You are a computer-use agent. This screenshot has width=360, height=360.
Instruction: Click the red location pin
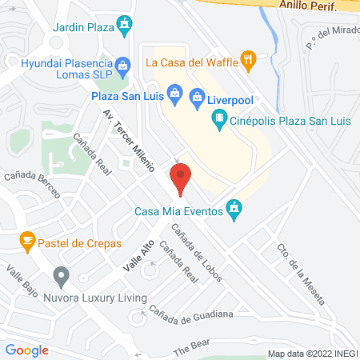tap(181, 178)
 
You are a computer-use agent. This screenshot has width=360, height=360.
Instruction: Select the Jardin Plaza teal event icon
tap(124, 26)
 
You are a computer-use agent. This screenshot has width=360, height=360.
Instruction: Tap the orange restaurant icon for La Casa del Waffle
tap(250, 58)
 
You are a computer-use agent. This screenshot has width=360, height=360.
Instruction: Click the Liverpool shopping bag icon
tap(198, 98)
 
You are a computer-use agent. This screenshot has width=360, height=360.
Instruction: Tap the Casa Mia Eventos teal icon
tap(234, 210)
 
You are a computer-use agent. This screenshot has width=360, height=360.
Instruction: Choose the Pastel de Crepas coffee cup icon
tap(27, 240)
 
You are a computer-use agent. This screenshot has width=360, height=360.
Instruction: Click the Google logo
tap(27, 350)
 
